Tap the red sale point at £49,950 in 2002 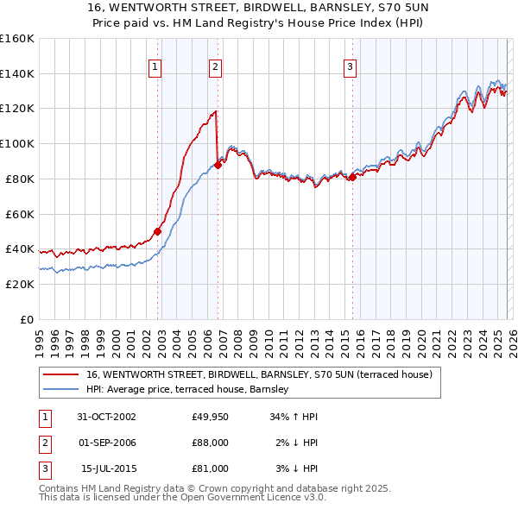tap(158, 231)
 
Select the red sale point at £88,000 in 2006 tap(217, 165)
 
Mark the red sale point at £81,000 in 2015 tap(352, 177)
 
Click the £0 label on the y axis tap(26, 319)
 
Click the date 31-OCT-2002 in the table tap(106, 417)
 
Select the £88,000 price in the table tap(210, 443)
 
